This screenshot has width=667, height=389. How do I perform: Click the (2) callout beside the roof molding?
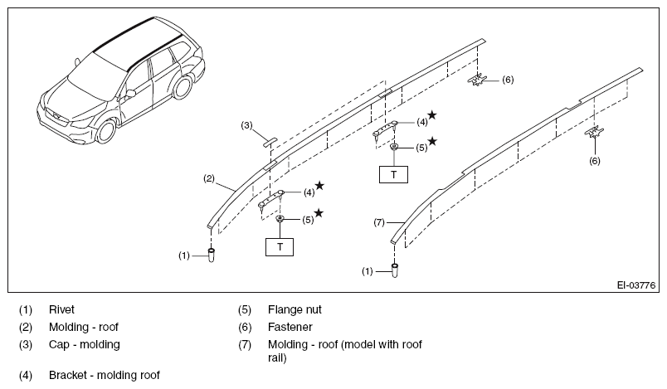click(x=209, y=178)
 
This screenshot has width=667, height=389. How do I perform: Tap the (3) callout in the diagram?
click(x=246, y=125)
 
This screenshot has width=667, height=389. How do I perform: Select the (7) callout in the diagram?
click(x=379, y=222)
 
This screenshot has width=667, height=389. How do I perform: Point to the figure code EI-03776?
click(x=636, y=285)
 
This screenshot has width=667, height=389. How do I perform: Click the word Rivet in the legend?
click(x=61, y=309)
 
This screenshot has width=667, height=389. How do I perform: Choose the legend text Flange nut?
click(x=295, y=309)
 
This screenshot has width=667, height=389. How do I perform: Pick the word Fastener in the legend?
click(x=290, y=327)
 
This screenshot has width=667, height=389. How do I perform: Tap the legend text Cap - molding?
click(x=85, y=344)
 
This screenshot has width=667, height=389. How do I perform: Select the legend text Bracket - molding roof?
click(x=105, y=375)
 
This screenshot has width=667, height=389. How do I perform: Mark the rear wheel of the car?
click(x=183, y=86)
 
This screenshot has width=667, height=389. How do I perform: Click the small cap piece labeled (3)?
click(x=270, y=142)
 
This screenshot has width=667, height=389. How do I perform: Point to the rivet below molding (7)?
click(x=395, y=270)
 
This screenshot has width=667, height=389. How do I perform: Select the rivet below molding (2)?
click(x=211, y=255)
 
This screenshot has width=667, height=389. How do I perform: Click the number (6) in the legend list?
click(x=245, y=327)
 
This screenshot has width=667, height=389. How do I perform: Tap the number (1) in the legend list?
click(x=26, y=309)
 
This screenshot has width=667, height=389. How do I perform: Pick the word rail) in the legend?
click(x=277, y=358)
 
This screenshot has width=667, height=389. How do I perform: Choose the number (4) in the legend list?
click(x=26, y=375)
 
